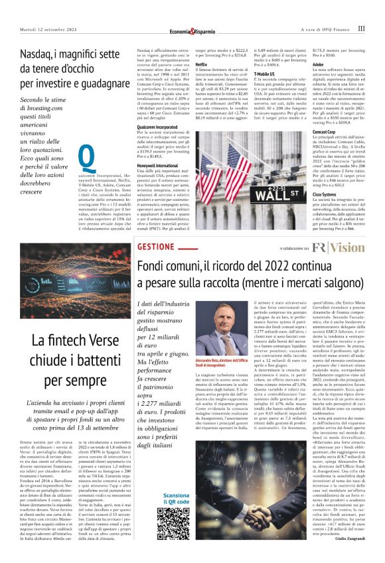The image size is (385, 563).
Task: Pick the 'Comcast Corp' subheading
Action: (x=327, y=133)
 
